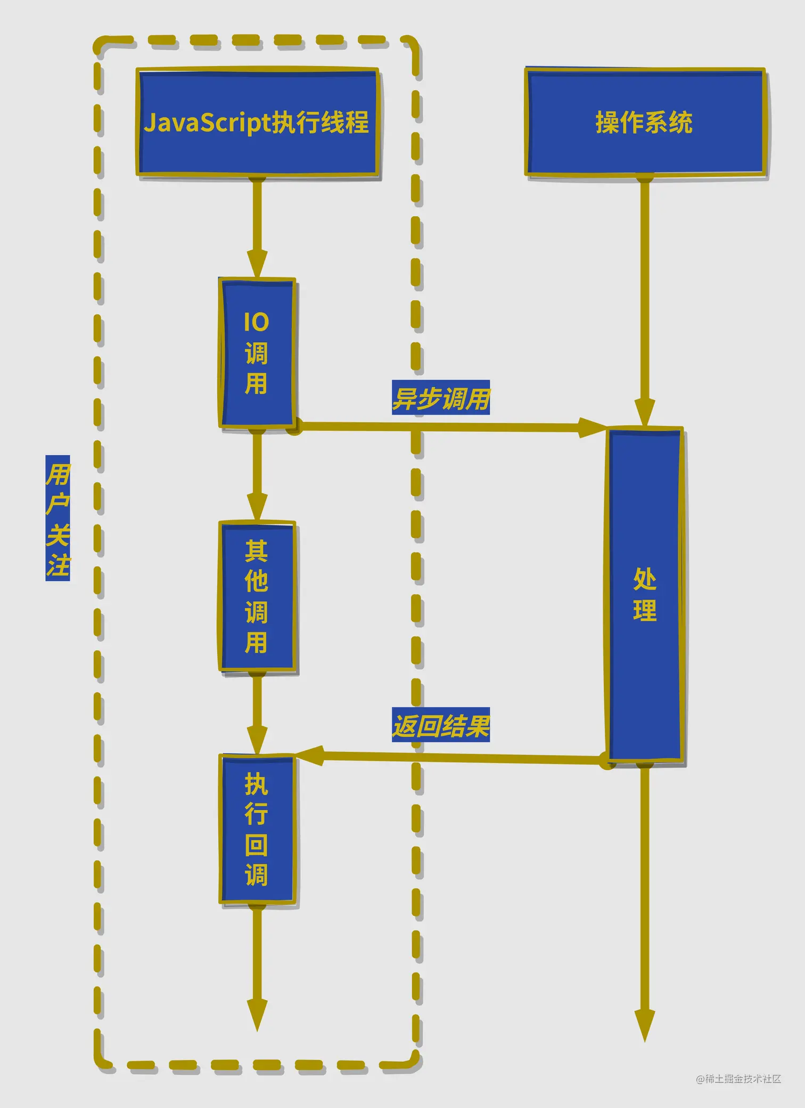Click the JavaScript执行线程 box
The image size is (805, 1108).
pos(257,122)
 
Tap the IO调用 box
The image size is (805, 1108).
pos(257,352)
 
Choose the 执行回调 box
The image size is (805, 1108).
pos(257,830)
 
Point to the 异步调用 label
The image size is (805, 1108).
pos(441,398)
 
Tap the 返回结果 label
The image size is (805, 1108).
pos(441,725)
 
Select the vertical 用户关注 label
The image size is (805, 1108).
pos(57,518)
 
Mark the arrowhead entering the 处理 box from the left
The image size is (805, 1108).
pos(592,427)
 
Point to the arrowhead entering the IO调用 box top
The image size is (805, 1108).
pos(257,264)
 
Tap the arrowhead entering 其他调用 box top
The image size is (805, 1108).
pos(257,506)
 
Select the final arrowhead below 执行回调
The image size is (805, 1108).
pos(257,1014)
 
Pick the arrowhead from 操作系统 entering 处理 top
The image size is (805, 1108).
pos(645,413)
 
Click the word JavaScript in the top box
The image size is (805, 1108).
pos(208,122)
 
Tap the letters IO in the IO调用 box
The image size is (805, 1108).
pos(256,322)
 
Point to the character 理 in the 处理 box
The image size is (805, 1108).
pos(645,610)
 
